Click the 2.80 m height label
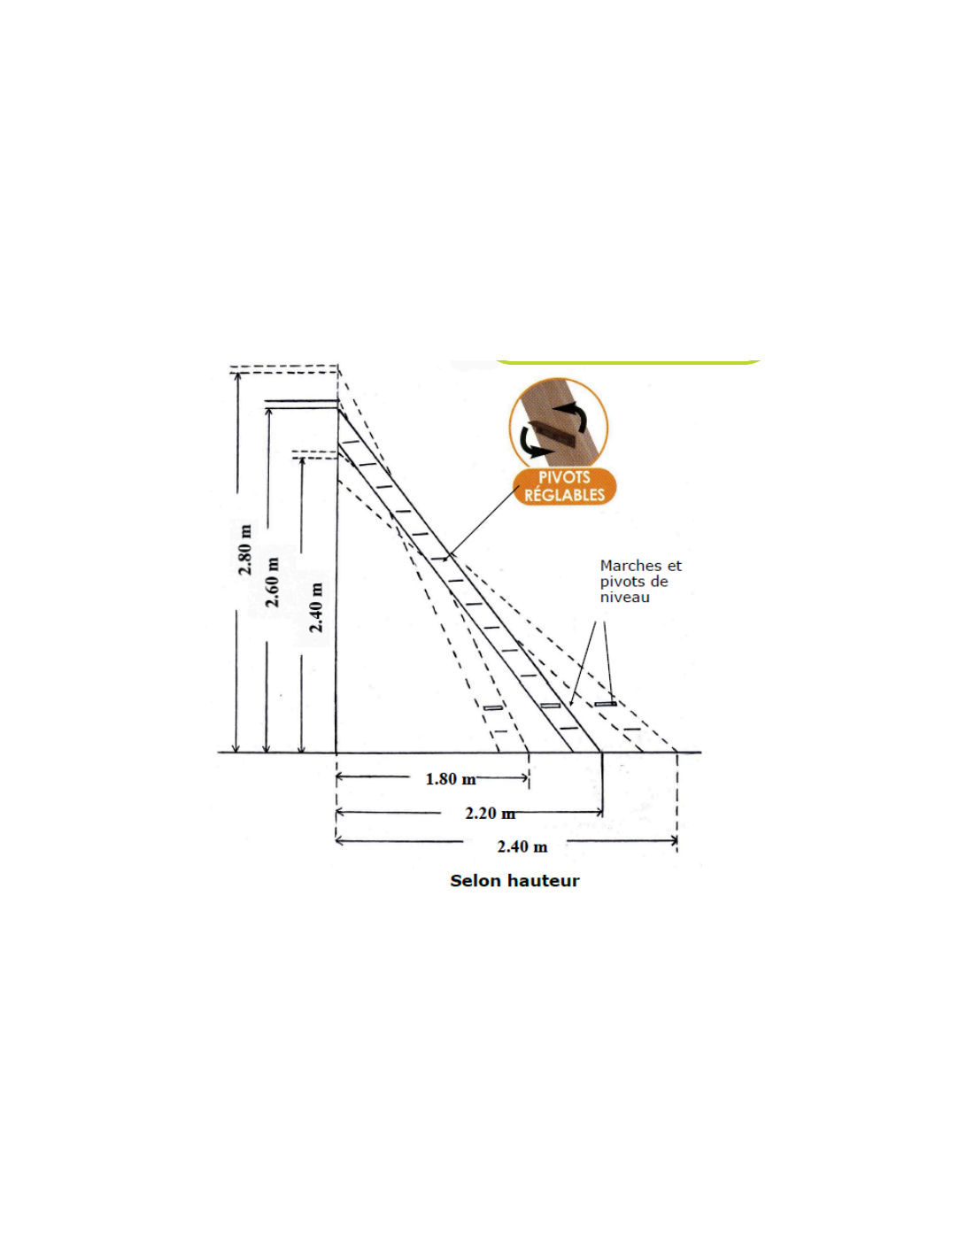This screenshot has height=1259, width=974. (x=245, y=550)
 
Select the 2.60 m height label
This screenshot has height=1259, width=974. (x=273, y=582)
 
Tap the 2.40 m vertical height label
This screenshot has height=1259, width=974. (x=316, y=607)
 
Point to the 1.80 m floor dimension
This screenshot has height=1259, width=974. (x=450, y=779)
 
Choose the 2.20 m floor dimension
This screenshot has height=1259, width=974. (x=490, y=813)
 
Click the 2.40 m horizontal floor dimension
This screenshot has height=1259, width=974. (x=522, y=846)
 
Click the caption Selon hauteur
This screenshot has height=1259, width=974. (x=514, y=880)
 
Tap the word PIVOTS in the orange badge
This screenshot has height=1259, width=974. (x=564, y=477)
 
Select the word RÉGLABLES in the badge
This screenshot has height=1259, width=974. (x=564, y=495)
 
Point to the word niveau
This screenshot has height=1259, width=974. (x=624, y=598)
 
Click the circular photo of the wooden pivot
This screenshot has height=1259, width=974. (x=559, y=423)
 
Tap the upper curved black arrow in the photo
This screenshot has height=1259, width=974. (x=574, y=413)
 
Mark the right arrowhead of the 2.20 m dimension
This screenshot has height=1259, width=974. (x=600, y=812)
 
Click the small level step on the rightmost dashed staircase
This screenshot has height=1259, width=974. (x=606, y=704)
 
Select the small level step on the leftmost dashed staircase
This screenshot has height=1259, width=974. (x=493, y=708)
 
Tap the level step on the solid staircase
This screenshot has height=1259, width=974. (x=551, y=706)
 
